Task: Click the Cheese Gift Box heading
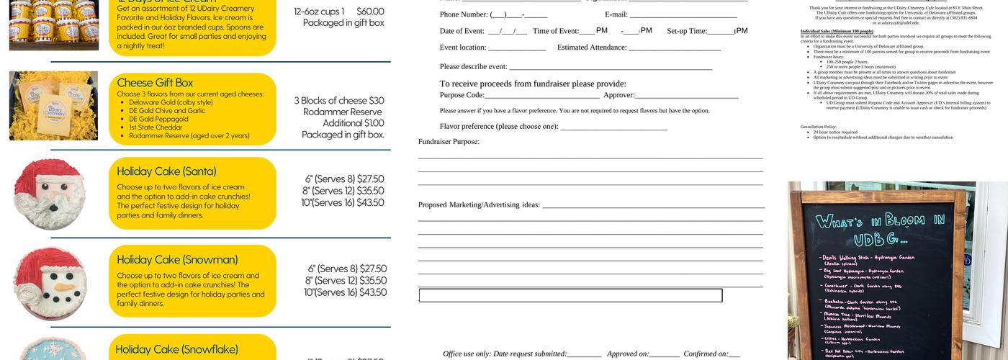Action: coord(155,82)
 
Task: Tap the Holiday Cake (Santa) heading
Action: coord(166,171)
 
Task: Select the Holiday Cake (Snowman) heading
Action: coord(177,259)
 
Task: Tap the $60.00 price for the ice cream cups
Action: coord(370,12)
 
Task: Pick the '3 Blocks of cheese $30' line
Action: coord(338,101)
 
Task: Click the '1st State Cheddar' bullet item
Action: coord(156,127)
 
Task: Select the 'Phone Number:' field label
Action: coord(464,14)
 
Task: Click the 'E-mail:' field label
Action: coord(616,14)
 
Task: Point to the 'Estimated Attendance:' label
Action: coord(591,48)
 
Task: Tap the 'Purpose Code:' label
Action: coord(462,95)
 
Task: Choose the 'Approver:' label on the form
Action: coord(618,95)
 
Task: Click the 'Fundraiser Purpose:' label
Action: coord(449,142)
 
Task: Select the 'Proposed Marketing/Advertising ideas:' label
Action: coord(479,204)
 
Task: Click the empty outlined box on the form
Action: coord(570,295)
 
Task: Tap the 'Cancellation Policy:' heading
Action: coord(818,127)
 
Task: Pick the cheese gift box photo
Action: coord(53,105)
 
